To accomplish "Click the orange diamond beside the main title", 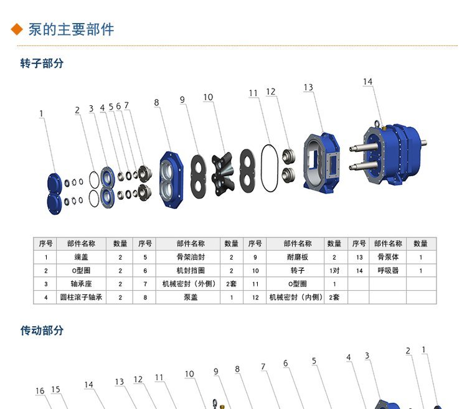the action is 17,29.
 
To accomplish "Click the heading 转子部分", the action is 42,63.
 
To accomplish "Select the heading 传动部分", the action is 42,331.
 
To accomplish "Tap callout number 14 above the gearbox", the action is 368,82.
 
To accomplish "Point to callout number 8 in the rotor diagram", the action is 157,103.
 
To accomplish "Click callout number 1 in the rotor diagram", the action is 41,114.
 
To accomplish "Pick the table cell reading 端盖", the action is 82,257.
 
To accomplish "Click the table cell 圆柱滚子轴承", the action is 82,297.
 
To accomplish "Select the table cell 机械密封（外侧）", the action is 189,284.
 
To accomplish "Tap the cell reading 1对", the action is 334,270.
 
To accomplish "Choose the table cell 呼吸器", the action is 388,270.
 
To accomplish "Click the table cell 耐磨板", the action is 298,257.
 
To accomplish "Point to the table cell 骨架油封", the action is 191,257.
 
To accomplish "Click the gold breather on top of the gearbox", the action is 384,128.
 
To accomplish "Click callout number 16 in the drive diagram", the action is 40,391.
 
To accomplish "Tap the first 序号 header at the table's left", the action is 45,243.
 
